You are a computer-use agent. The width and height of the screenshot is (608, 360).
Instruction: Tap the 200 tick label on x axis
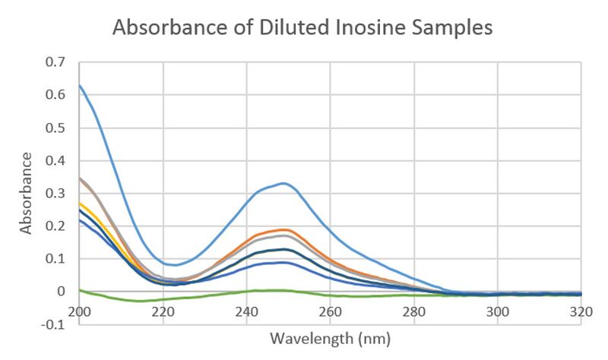(x=80, y=311)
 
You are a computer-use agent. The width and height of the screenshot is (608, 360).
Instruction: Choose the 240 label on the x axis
(x=247, y=311)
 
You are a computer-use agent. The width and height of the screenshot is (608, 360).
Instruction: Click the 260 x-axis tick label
(x=331, y=311)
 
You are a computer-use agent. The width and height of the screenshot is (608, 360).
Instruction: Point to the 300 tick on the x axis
(x=498, y=311)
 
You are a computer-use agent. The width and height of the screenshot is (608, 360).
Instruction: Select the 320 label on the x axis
(x=581, y=311)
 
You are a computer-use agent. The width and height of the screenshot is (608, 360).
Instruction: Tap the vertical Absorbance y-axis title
(x=27, y=193)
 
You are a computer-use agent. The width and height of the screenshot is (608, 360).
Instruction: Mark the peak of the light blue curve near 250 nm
(x=283, y=183)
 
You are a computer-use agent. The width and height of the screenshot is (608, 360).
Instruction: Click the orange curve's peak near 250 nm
(x=284, y=229)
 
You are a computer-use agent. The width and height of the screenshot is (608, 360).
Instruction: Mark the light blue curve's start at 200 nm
(x=80, y=85)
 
